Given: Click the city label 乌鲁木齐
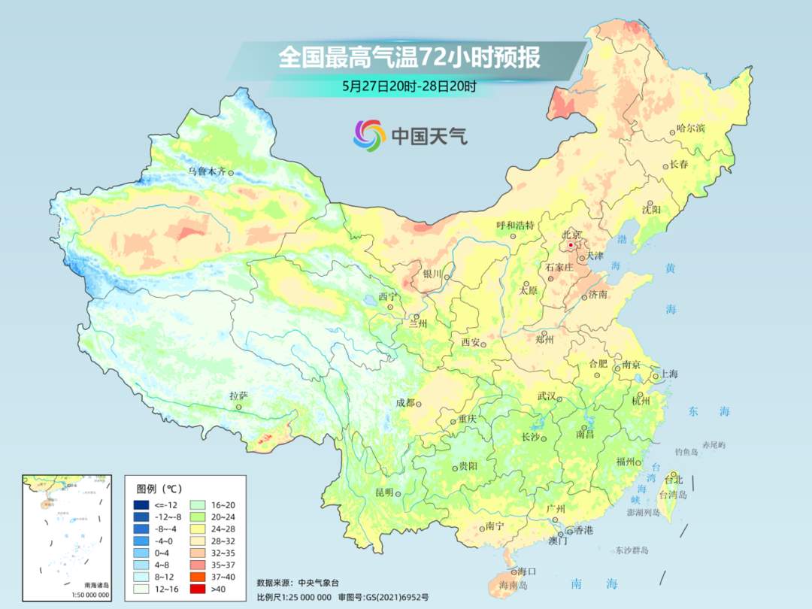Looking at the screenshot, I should pos(207,171).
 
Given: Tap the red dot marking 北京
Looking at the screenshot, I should pos(571,245).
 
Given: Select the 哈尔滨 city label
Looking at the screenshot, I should pos(691,129).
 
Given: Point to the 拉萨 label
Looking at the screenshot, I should pos(238,395).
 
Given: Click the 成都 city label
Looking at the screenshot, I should pos(405,403).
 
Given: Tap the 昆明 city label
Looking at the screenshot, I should pos(384,492).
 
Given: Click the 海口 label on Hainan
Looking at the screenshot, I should pos(528,572).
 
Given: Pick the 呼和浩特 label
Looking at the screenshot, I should pos(515,226).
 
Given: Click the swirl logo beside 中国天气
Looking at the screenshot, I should pos(369,135).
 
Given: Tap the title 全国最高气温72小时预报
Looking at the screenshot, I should pos(409,58).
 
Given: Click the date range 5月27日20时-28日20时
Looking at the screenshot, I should pos(409,86).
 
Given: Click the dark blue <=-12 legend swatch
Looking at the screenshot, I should pos(141,504).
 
